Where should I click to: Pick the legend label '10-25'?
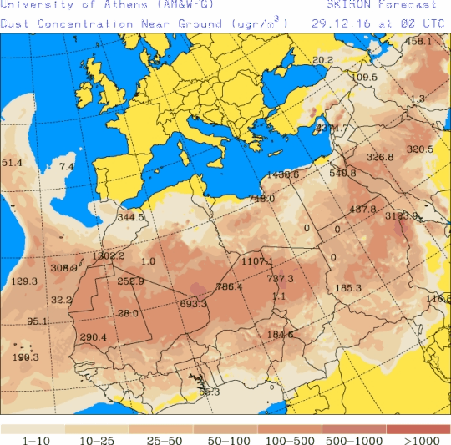point(97,439)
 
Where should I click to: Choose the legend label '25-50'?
point(161,439)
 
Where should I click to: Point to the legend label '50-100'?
point(225,439)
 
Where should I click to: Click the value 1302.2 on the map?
point(109,255)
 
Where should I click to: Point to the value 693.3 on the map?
point(193,304)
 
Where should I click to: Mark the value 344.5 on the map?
point(130,217)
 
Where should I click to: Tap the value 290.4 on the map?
point(93,337)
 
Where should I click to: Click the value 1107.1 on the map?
point(258,261)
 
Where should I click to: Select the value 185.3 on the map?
point(347,288)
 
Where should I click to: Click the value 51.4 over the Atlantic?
point(12,162)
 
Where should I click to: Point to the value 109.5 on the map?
point(364,78)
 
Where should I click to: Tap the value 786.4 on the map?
point(229,286)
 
